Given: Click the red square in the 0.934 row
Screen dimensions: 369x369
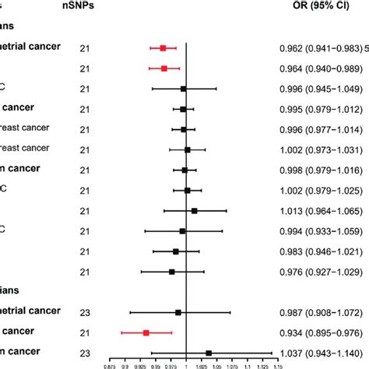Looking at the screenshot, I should pyautogui.click(x=146, y=332).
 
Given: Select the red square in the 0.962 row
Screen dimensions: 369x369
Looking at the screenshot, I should pyautogui.click(x=163, y=48).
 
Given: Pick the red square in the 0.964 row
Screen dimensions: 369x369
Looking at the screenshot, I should pyautogui.click(x=164, y=69).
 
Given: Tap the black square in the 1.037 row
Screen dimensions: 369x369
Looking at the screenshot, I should pyautogui.click(x=209, y=353).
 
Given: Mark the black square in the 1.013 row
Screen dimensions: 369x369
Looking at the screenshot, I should pyautogui.click(x=194, y=211).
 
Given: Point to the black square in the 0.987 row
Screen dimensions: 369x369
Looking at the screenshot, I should pyautogui.click(x=178, y=312).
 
